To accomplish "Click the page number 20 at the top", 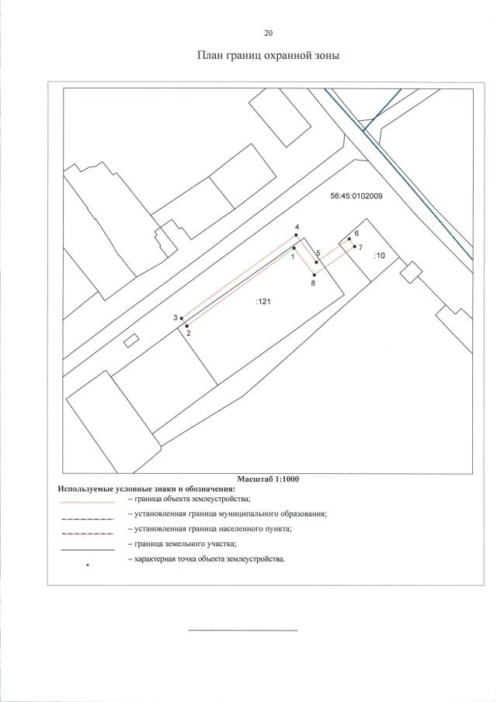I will pos(269,33).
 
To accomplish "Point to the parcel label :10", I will pos(380,254).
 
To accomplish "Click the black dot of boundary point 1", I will pos(294,247).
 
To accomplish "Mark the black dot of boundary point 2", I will pos(187,326).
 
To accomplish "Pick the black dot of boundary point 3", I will pos(181,318).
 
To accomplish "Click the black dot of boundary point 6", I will pos(349,239).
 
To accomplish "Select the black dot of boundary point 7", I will pos(355,247).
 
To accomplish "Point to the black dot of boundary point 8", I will pos(314,275).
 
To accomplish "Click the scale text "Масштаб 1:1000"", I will pos(268,479).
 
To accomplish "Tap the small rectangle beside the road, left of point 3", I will pos(131,339).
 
